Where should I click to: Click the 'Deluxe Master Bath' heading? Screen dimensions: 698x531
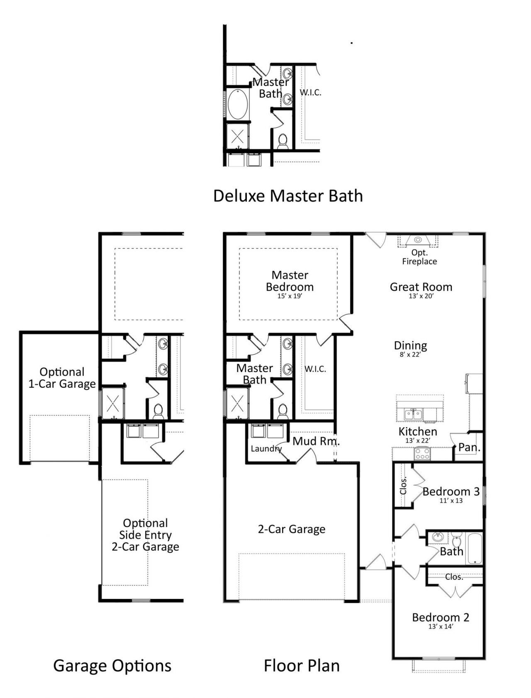click(288, 196)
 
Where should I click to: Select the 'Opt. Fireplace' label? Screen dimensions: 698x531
click(419, 257)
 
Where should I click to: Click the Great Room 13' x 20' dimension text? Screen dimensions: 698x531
click(421, 296)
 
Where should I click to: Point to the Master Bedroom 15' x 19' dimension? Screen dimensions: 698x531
click(290, 296)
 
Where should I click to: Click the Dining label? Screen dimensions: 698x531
click(410, 345)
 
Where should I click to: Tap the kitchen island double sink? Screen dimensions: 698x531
click(413, 414)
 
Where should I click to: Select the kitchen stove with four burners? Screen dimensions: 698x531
click(422, 454)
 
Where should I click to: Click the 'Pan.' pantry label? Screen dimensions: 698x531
click(469, 447)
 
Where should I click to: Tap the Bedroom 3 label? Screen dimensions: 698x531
click(451, 491)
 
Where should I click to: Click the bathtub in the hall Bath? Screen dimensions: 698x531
click(475, 549)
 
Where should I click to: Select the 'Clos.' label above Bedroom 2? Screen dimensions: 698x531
click(454, 577)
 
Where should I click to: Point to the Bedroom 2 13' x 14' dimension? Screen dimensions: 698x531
click(441, 627)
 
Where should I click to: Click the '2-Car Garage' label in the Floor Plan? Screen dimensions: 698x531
click(292, 529)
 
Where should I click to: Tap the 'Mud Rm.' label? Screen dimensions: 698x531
click(316, 441)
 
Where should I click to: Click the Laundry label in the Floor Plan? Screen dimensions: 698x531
click(266, 449)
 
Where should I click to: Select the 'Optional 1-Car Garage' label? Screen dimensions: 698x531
click(62, 378)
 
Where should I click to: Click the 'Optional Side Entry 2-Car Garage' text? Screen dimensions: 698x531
click(145, 535)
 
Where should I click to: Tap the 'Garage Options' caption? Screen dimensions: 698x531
click(112, 666)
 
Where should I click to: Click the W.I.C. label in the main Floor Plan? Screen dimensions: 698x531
click(315, 369)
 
